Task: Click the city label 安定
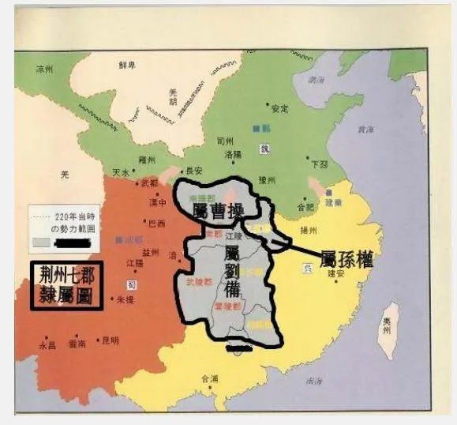tap(279, 108)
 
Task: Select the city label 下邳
tap(320, 164)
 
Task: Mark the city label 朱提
tap(127, 301)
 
